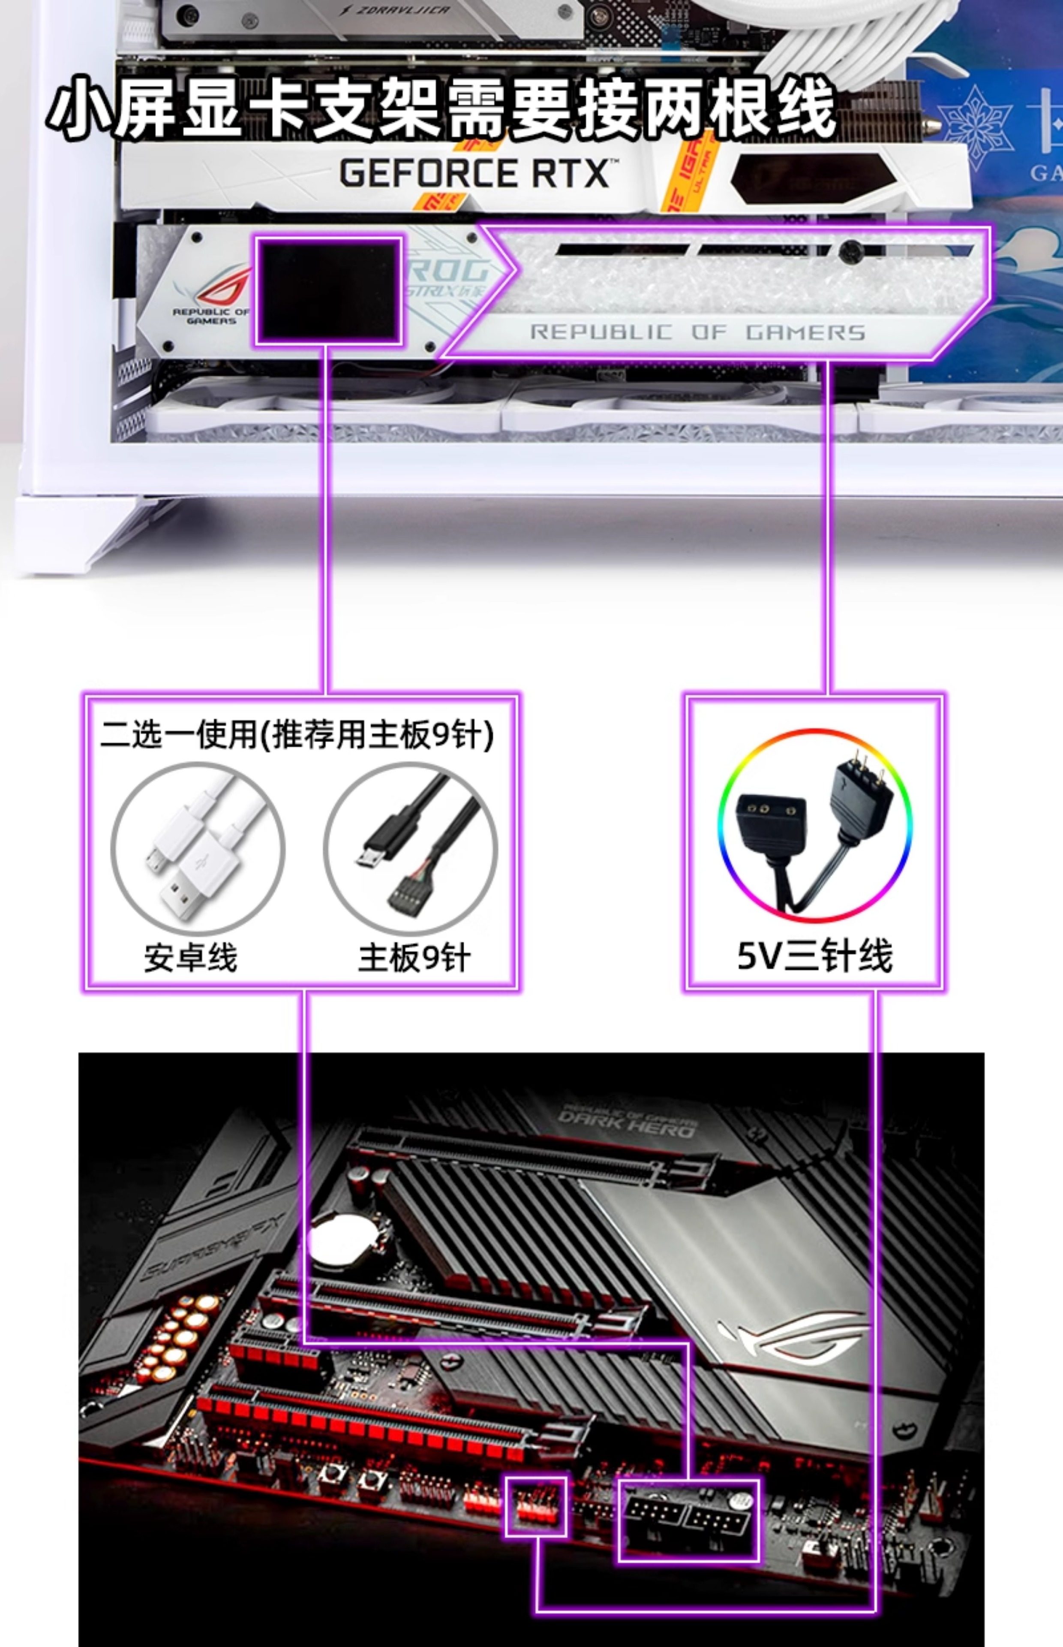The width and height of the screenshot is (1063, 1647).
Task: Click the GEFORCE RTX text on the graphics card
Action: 475,173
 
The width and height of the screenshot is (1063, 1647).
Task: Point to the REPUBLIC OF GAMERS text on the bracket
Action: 697,332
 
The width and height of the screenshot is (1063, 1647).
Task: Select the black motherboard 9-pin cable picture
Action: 410,849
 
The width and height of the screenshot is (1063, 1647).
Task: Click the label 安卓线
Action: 190,958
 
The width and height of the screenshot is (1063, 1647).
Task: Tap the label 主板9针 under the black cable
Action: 414,958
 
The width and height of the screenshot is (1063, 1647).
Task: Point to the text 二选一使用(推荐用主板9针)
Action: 297,733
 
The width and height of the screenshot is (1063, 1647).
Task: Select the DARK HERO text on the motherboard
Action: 625,1122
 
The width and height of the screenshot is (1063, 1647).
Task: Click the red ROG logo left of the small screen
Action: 224,287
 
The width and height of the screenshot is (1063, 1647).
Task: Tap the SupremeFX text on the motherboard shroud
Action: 214,1246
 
